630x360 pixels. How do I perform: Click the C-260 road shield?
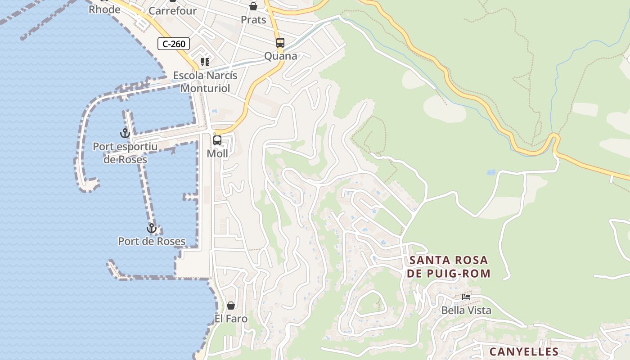(x=173, y=44)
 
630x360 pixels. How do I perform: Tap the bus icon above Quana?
(x=280, y=43)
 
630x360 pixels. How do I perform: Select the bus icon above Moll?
(x=217, y=140)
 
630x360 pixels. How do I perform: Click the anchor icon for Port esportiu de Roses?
(x=125, y=133)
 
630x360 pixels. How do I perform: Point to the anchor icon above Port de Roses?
(x=152, y=228)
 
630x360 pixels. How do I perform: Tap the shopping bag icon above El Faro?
(x=231, y=306)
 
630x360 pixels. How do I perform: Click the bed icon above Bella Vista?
(x=466, y=297)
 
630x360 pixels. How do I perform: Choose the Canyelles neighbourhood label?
(x=524, y=351)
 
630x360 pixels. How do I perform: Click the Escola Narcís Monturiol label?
(x=205, y=81)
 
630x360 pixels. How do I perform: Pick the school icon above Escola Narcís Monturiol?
(x=205, y=62)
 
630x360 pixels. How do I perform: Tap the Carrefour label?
(x=172, y=11)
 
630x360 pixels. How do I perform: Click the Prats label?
(x=253, y=20)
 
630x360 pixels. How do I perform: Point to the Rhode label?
(x=104, y=9)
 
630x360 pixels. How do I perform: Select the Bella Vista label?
(x=466, y=310)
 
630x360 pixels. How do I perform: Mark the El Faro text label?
(x=231, y=319)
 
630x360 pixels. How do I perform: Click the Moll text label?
(x=217, y=154)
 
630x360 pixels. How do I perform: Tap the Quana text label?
(x=280, y=56)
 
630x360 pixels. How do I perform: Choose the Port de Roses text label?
(x=152, y=242)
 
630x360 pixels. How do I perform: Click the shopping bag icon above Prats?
(x=253, y=6)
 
